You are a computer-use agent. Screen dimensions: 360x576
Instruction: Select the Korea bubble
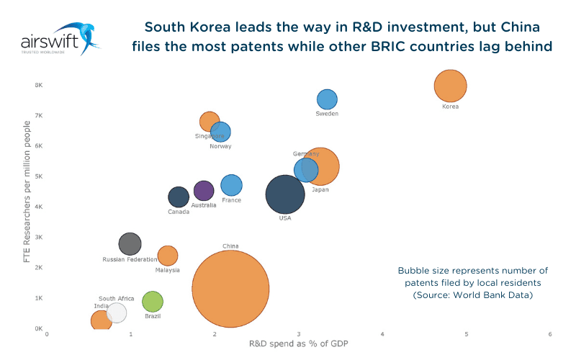pos(451,86)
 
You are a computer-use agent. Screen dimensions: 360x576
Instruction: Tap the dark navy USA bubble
pos(285,194)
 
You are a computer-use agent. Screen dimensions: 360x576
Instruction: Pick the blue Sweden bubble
pos(327,99)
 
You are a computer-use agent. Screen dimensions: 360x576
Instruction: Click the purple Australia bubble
pos(204,190)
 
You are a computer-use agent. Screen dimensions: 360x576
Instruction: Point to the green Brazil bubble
pos(153,302)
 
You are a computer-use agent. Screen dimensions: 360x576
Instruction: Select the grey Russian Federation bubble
pos(130,243)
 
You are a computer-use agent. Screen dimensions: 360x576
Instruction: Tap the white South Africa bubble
pos(116,312)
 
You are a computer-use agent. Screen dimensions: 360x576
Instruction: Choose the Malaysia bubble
pos(167,256)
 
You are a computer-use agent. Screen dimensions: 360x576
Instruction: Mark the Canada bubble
pos(179,197)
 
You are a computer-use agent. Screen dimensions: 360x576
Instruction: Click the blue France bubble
pos(231,185)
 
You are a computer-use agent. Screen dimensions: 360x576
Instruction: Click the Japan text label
pos(320,190)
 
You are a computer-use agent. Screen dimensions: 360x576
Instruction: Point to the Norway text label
pos(220,146)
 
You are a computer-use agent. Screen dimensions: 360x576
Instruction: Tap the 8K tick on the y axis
pos(38,85)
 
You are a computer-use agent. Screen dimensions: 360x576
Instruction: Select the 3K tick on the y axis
pos(38,237)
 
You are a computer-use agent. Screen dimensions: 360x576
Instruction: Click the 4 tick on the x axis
pos(382,334)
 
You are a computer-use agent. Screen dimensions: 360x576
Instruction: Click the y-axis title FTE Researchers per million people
pos(27,191)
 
